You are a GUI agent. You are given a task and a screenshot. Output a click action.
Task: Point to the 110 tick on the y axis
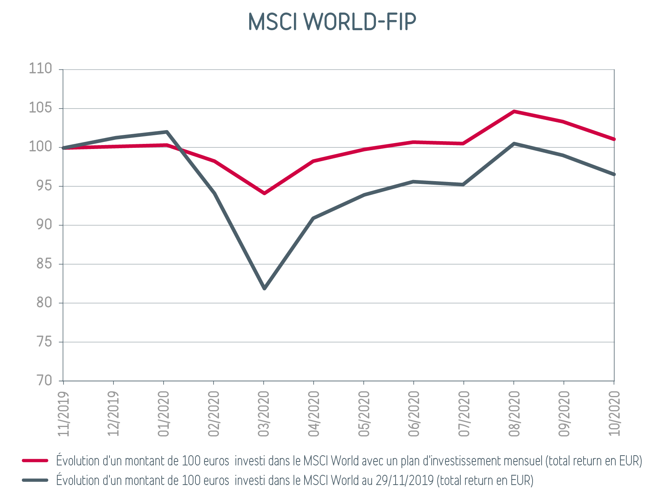tap(40, 69)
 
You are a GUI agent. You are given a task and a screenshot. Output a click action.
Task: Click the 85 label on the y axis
tap(44, 263)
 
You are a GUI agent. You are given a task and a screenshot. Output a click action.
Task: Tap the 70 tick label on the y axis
tap(44, 380)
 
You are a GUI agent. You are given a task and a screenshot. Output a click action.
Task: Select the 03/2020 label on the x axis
tap(264, 414)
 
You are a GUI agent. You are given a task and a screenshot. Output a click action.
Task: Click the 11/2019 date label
tap(64, 414)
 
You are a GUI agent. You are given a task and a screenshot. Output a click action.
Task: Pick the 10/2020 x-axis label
tap(614, 414)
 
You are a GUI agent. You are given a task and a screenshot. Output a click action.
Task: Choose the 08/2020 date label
tap(514, 414)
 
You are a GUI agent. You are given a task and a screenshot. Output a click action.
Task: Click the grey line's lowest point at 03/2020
tap(264, 288)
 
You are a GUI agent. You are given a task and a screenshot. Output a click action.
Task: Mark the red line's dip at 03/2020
tap(264, 193)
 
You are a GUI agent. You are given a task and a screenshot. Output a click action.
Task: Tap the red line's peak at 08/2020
tap(514, 111)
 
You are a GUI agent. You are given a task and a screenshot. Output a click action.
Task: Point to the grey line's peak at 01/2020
tap(167, 132)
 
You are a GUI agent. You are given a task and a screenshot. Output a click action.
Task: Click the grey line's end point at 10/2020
tap(614, 174)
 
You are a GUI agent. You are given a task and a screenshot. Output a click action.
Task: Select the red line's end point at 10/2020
tap(614, 139)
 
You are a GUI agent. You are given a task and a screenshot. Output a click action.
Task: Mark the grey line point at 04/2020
tap(313, 218)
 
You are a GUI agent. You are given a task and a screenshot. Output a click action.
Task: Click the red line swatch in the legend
tap(35, 461)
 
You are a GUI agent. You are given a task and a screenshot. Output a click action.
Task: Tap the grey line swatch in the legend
tap(35, 480)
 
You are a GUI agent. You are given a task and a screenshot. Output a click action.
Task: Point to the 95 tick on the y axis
tap(44, 185)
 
